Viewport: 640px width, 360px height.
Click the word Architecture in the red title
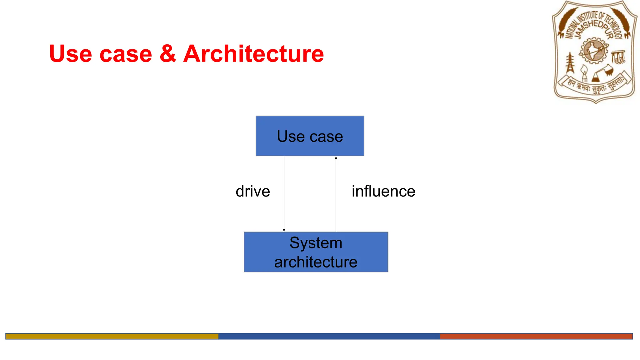(253, 54)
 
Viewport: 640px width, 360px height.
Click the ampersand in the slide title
(168, 54)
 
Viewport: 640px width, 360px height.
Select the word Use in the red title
(71, 54)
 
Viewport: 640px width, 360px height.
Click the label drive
(253, 191)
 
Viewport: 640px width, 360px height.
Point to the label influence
(383, 191)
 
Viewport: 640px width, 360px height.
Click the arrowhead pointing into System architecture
(284, 230)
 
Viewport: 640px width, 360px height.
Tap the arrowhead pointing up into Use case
(336, 158)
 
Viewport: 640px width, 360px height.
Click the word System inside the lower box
(316, 243)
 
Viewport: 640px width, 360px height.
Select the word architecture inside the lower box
(316, 262)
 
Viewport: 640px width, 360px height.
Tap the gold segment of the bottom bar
(112, 336)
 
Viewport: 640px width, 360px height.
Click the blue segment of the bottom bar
(329, 336)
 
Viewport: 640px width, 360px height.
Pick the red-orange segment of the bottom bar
(536, 336)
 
